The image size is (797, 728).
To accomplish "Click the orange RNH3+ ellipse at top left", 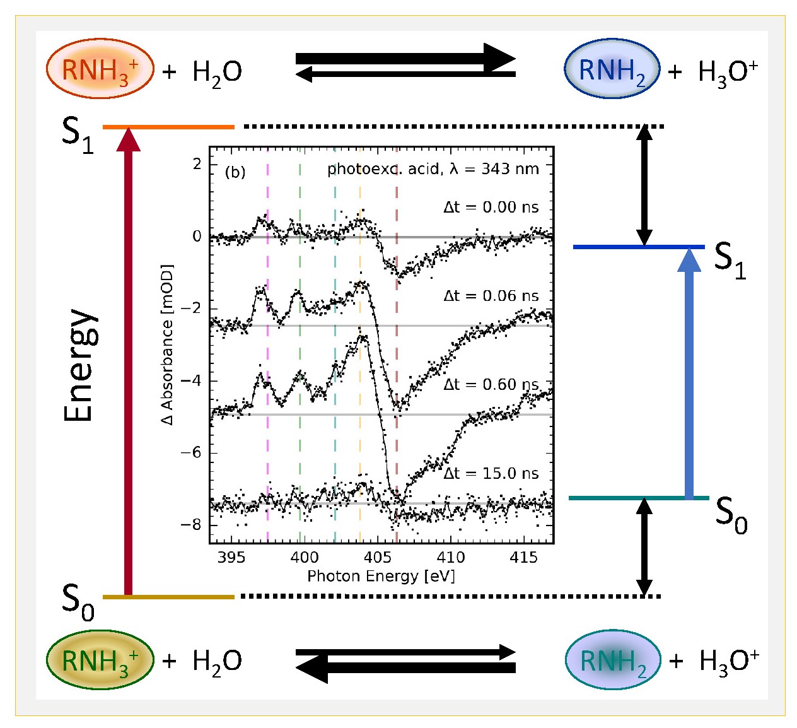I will [x=100, y=69].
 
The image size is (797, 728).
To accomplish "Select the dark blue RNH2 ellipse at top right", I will [x=612, y=69].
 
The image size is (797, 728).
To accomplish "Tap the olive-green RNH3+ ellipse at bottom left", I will [x=100, y=660].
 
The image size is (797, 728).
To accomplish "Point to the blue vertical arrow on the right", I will [x=689, y=379].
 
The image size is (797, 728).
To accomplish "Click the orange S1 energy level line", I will [x=168, y=127].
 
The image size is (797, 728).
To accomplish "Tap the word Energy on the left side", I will [x=81, y=365].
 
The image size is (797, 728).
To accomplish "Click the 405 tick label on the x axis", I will [x=377, y=557].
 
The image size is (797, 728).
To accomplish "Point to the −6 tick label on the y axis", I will [x=190, y=452].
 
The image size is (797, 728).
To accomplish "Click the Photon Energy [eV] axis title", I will [x=381, y=576].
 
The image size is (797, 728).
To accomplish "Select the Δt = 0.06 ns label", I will [x=491, y=296].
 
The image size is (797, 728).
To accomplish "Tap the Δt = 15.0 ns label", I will [x=491, y=473].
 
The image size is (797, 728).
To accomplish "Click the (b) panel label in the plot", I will [x=235, y=172].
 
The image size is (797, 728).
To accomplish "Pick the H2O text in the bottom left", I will [x=217, y=661].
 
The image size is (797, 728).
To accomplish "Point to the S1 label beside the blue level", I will [x=730, y=259].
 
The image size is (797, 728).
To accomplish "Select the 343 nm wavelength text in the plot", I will [x=510, y=169].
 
